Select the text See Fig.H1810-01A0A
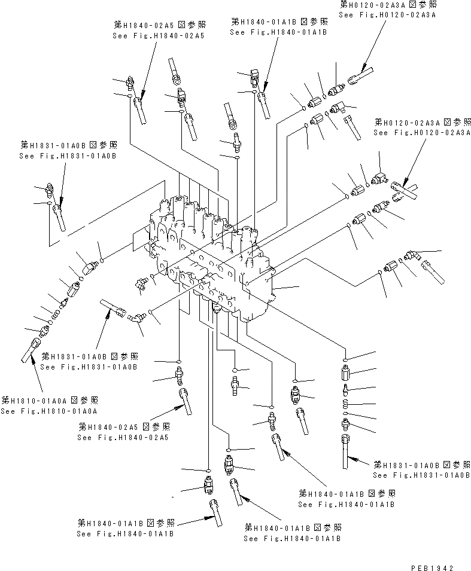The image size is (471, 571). [x=49, y=411]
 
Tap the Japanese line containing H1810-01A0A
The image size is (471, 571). [x=50, y=400]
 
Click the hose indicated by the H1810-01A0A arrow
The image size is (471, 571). [x=31, y=349]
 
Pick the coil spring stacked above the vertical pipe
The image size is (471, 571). [x=347, y=405]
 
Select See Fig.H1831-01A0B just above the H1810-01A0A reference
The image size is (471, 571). [x=90, y=367]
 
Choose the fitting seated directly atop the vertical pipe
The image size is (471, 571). [x=347, y=425]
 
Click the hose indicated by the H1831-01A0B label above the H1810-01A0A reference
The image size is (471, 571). [x=114, y=307]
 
